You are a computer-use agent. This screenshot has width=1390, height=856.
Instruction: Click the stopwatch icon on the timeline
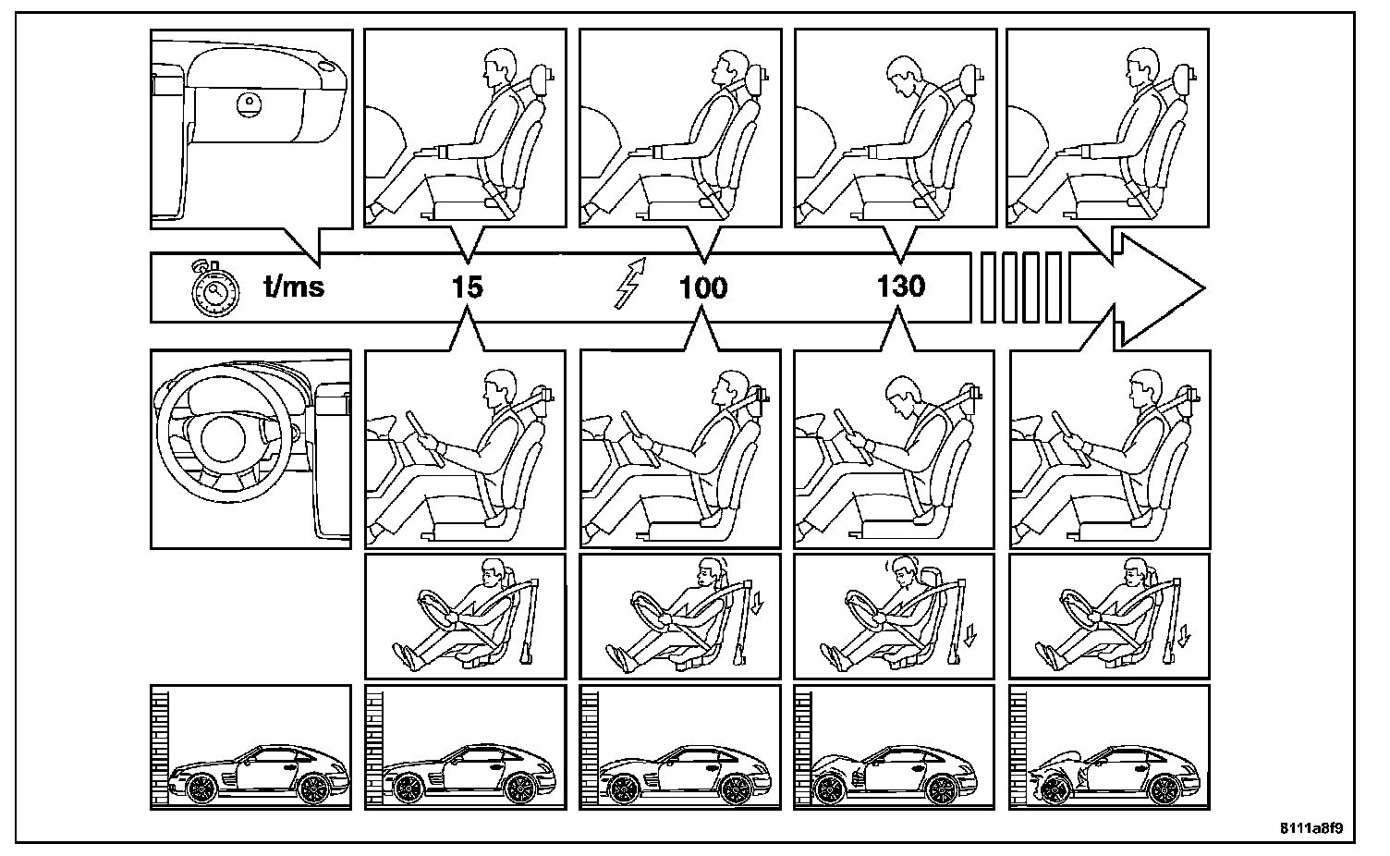click(214, 290)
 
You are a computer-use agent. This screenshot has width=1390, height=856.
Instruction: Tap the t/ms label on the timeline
click(294, 287)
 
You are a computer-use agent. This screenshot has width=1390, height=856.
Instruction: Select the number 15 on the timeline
click(468, 287)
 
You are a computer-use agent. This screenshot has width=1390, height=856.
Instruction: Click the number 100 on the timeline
click(702, 288)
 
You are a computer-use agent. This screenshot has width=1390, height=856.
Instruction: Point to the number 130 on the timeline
click(901, 287)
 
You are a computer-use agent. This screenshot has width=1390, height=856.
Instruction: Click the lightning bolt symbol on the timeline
click(631, 284)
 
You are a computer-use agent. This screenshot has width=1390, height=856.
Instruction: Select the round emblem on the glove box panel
click(249, 104)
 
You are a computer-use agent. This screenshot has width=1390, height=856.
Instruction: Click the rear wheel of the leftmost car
click(315, 788)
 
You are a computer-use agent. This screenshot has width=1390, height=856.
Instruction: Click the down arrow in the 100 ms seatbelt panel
click(757, 605)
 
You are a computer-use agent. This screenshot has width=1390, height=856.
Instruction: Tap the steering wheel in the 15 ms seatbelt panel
click(438, 606)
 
